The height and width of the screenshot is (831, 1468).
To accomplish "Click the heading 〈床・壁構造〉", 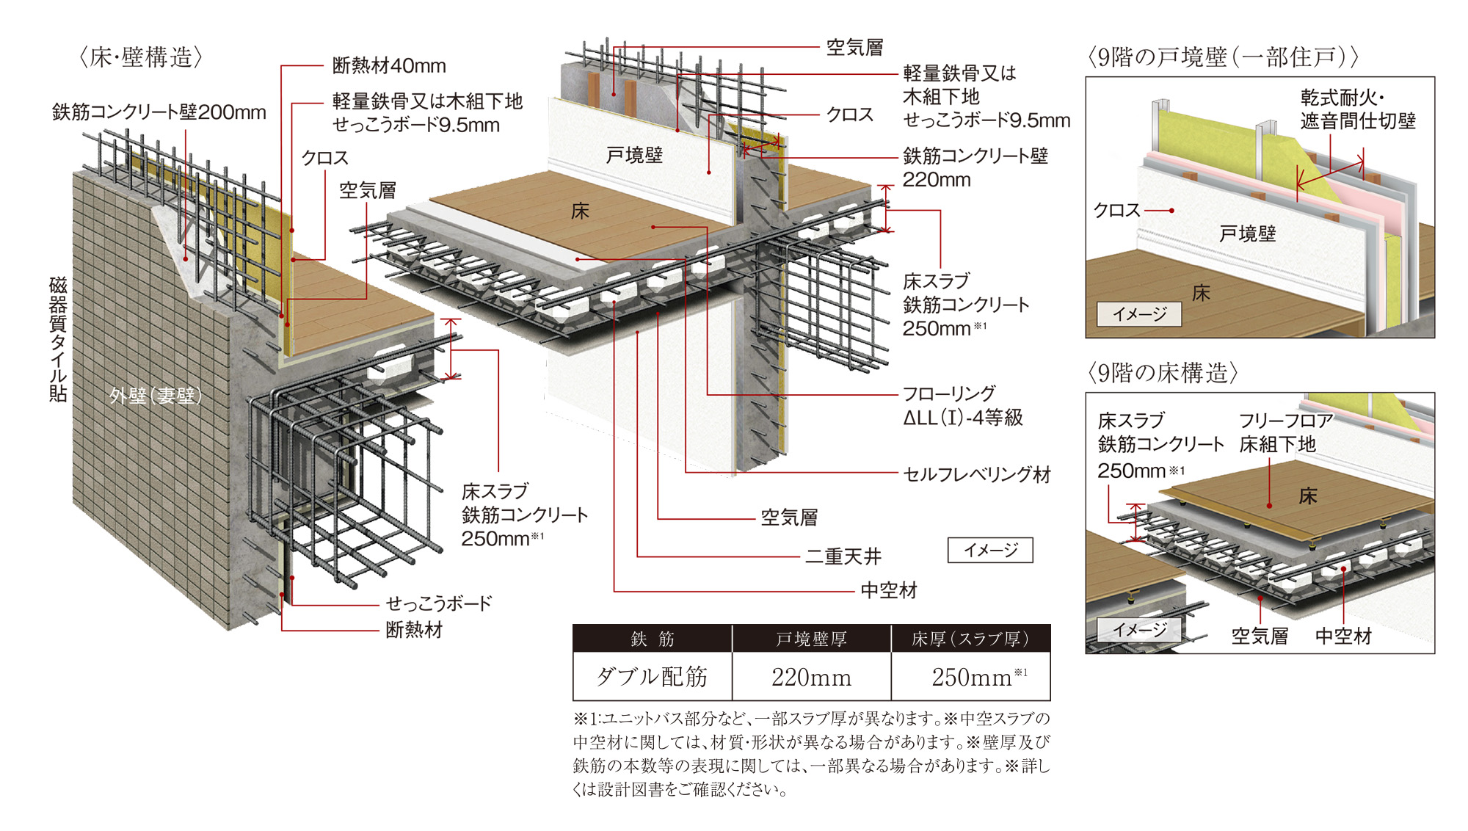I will tap(140, 57).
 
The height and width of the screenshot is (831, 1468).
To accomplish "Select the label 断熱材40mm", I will tap(389, 66).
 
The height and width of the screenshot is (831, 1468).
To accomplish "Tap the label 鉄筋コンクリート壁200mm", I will tap(159, 112).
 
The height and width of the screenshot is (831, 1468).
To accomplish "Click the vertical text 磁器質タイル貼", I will tap(58, 339).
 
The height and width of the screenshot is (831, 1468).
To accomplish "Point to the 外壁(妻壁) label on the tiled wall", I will tap(156, 396).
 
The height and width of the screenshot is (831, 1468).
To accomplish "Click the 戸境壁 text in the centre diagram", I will tap(634, 155).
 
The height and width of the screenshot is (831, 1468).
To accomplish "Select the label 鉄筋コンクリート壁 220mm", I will tap(975, 167).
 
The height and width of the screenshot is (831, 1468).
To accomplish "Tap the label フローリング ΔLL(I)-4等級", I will tap(962, 405).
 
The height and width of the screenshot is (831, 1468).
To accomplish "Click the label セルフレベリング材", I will tap(976, 474).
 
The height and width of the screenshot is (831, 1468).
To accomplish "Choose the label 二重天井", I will tap(843, 556).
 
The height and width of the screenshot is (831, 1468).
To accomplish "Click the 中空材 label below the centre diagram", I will tap(888, 590).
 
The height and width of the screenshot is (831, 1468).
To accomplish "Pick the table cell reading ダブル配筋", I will tap(652, 676).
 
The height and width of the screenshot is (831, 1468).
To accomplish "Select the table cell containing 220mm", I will tap(811, 676).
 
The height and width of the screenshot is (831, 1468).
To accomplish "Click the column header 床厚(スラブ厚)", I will tap(970, 639).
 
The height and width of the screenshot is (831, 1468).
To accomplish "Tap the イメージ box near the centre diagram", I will tap(990, 550).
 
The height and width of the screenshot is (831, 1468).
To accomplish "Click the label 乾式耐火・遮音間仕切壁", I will tap(1358, 109).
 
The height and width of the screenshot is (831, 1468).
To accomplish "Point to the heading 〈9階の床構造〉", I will tap(1163, 373).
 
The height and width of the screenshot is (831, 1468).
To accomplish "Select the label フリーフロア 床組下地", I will tap(1286, 432).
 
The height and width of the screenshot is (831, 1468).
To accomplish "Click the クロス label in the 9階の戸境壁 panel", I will tap(1116, 211).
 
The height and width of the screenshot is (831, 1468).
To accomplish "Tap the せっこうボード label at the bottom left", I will tap(438, 603).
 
